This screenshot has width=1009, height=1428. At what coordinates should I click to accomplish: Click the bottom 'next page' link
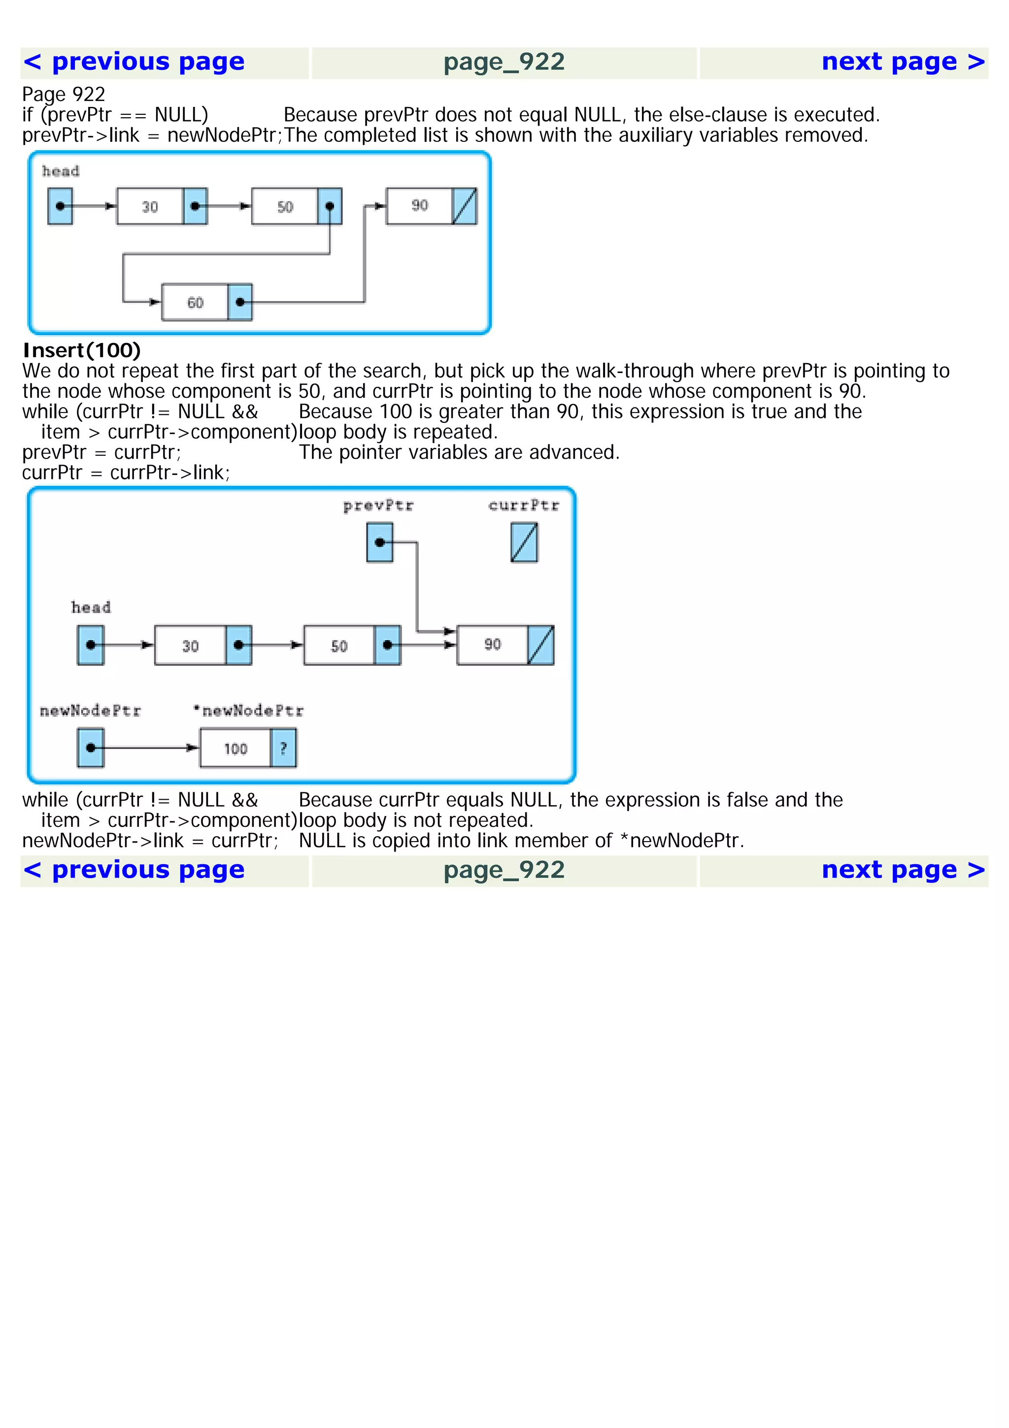click(x=903, y=870)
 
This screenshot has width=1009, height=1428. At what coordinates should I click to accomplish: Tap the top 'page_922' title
click(x=504, y=62)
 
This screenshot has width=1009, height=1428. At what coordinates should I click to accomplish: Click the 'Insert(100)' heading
click(x=81, y=350)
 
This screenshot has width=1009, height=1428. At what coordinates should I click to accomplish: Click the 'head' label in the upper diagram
click(x=60, y=171)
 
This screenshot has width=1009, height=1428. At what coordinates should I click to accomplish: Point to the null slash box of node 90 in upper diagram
click(x=465, y=206)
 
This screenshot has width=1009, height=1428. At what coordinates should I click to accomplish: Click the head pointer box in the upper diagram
click(x=60, y=206)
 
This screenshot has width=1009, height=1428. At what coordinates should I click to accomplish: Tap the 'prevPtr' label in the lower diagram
click(x=378, y=506)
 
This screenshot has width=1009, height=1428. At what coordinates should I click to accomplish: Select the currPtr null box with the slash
click(x=524, y=543)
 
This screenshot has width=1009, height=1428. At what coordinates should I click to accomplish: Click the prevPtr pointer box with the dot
click(x=380, y=543)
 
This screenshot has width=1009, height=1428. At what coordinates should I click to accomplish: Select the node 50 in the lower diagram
click(x=339, y=646)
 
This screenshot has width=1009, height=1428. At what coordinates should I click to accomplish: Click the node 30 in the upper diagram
click(x=150, y=206)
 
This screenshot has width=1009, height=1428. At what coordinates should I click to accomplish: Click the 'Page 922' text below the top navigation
click(x=64, y=95)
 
